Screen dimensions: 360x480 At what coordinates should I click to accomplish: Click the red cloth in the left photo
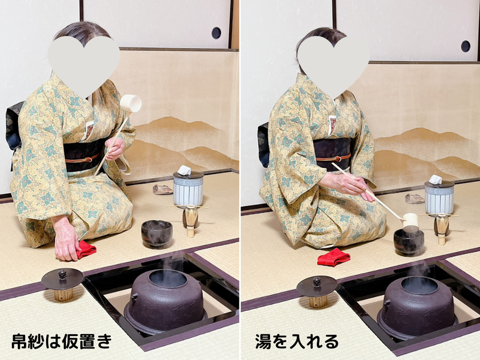[85, 249]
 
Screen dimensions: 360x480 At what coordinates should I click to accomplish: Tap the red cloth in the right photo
[334, 257]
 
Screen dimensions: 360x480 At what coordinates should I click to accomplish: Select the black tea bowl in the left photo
[157, 233]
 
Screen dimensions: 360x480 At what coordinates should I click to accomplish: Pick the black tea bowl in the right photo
[409, 241]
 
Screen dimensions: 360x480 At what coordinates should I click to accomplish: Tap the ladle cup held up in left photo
[131, 103]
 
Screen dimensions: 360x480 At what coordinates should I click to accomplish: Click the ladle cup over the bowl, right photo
[410, 220]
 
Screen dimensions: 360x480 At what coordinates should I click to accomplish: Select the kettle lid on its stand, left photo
[62, 280]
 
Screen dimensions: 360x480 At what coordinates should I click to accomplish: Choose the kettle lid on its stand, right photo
[317, 287]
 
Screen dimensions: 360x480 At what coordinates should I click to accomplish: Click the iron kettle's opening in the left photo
[167, 278]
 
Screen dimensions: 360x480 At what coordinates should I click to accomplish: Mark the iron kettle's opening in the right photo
[419, 285]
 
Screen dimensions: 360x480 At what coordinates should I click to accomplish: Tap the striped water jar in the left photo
[188, 189]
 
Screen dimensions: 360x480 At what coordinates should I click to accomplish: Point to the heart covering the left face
[84, 63]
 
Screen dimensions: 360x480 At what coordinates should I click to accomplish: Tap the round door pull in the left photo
[216, 32]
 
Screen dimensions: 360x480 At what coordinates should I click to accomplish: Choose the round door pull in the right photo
[466, 46]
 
